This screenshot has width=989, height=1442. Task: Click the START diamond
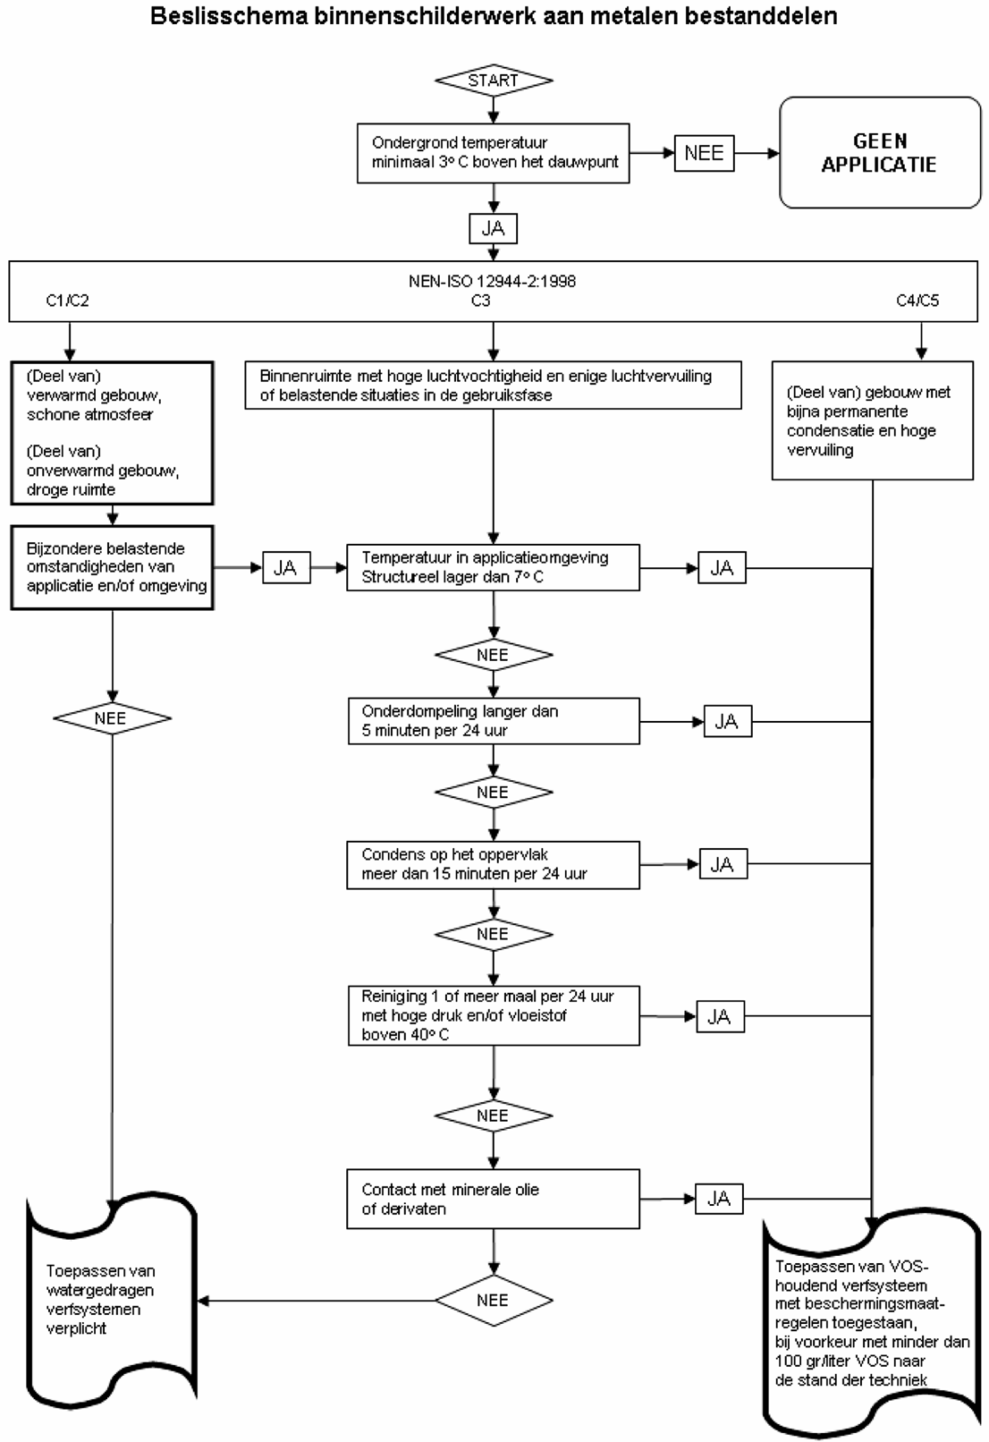pos(494,81)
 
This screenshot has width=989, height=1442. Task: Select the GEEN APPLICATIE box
pos(880,153)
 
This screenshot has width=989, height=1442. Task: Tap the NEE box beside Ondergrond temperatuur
pos(704,153)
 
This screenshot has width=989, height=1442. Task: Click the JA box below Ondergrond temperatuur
pos(493,228)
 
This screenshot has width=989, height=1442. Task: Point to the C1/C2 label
pos(68,301)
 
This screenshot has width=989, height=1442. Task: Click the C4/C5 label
pos(917,301)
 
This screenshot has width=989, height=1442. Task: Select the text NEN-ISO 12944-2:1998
pos(492,281)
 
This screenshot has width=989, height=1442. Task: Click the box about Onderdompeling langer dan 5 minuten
pos(494,721)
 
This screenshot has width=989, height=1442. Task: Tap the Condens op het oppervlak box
pos(493,864)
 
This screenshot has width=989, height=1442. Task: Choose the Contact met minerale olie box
pos(493,1199)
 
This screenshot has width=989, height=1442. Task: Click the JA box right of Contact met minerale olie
pos(719,1199)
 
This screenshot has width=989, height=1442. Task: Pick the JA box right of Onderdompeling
pos(727,721)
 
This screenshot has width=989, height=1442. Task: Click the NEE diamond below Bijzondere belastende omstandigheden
pos(112,717)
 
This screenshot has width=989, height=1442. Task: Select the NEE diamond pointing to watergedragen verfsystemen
pos(494,1301)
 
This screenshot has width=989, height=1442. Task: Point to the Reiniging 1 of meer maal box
pos(494,1015)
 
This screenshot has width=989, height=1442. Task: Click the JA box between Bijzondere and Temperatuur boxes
pos(286,568)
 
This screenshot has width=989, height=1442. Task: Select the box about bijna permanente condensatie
pos(872,420)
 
